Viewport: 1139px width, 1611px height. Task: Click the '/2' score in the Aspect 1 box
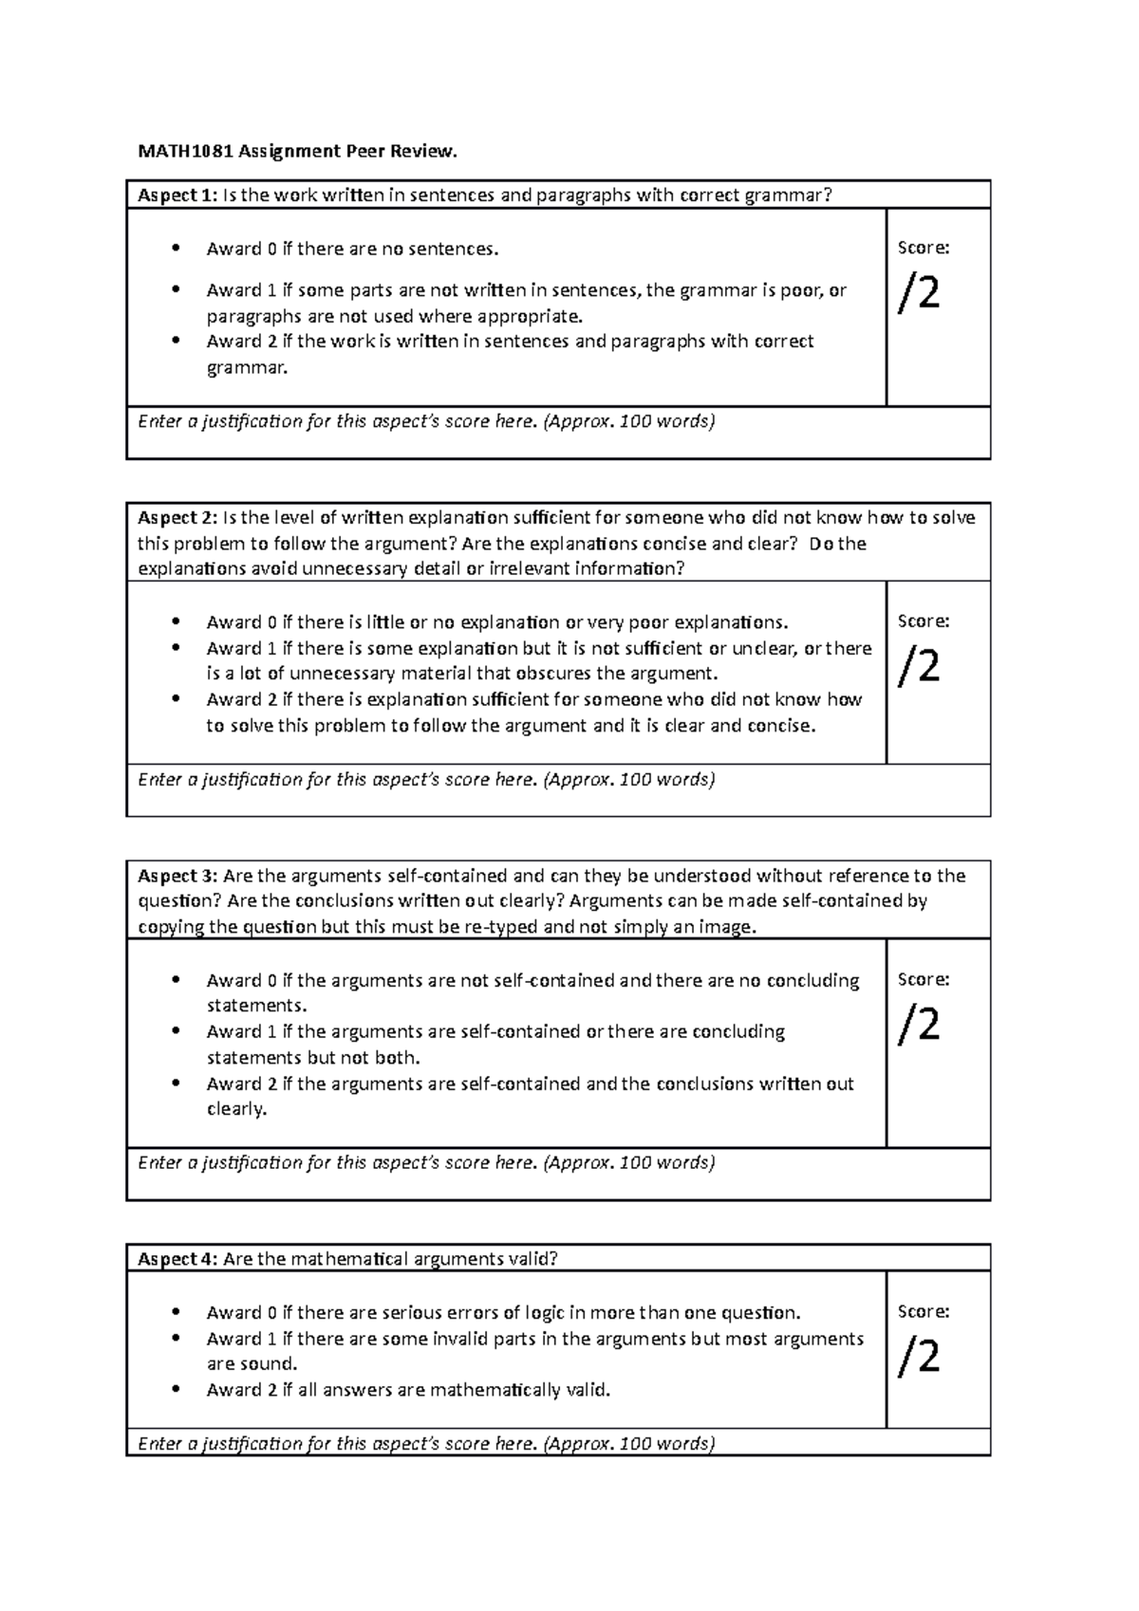[x=919, y=293]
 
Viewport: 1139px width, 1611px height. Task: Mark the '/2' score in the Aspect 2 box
[x=919, y=667]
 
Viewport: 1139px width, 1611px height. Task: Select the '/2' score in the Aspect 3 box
[x=919, y=1025]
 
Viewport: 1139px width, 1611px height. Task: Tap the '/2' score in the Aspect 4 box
[x=919, y=1357]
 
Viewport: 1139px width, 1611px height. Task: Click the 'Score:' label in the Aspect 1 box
[x=924, y=248]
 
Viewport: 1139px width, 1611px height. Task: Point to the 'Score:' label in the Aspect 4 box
[x=924, y=1311]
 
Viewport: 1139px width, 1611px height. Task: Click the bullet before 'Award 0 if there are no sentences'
[x=176, y=250]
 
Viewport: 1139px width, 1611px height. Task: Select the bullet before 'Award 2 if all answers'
[x=176, y=1390]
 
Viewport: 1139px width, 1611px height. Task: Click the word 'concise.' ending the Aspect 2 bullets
[x=781, y=726]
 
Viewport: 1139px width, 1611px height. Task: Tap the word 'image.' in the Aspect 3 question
[x=731, y=927]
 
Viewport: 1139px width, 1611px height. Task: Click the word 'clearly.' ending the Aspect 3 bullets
[x=237, y=1109]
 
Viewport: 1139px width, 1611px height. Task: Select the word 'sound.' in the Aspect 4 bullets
[x=273, y=1364]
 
